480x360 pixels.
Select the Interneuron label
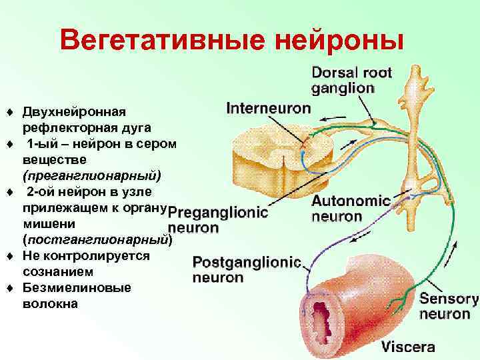pos(269,107)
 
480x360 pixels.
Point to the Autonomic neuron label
pos(350,207)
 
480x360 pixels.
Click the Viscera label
pos(408,347)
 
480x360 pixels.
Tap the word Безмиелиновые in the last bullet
pos(77,288)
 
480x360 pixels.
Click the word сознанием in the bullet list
pos(57,272)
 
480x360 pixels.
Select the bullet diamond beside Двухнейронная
pos(9,111)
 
